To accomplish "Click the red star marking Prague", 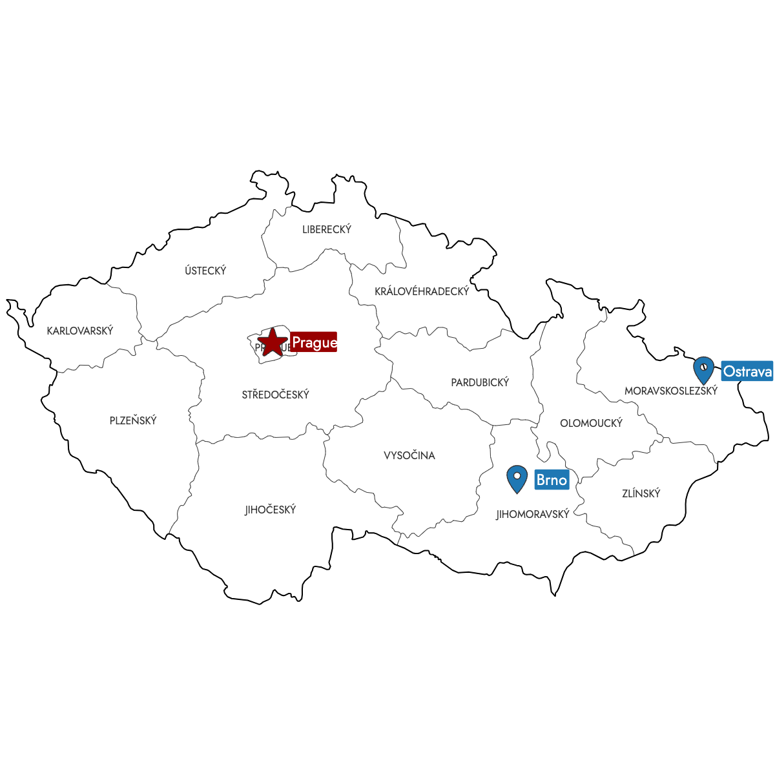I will (x=273, y=342).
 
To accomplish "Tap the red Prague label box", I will (x=314, y=342).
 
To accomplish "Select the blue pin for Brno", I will (x=517, y=479).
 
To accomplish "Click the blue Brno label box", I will (x=552, y=480).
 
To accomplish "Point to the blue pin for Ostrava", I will (x=703, y=370).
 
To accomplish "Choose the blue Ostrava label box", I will (x=747, y=371).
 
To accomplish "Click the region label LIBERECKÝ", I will (x=327, y=229).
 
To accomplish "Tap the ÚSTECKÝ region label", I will (x=205, y=271).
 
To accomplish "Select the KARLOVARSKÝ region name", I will (x=80, y=331).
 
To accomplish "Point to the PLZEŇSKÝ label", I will (x=133, y=420).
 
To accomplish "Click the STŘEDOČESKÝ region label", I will (x=276, y=395).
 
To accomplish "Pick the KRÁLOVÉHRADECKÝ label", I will (x=422, y=291).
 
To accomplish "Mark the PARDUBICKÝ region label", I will (x=480, y=382).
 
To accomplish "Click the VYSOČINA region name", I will (x=409, y=455).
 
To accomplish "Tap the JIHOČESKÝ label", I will (x=270, y=510).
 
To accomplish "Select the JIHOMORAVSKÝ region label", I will (x=533, y=515).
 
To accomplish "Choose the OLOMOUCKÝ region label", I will (x=591, y=423).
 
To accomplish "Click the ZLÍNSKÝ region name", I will (x=641, y=493).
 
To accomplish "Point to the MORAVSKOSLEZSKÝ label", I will (x=671, y=391).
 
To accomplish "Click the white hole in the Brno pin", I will (x=517, y=476).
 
